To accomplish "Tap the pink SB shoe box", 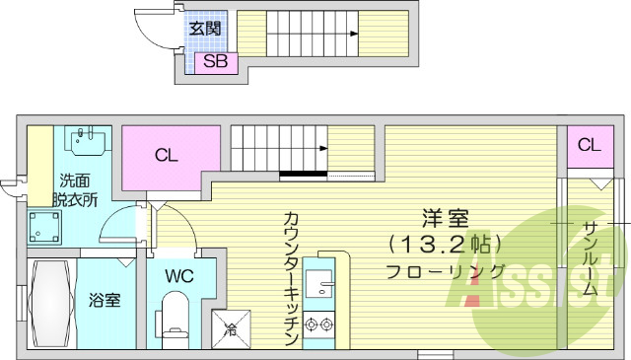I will (x=215, y=63).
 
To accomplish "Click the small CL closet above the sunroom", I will (x=588, y=146).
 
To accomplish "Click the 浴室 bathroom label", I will (x=105, y=299).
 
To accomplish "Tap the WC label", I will (x=179, y=275).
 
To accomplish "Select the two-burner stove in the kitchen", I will (x=320, y=322).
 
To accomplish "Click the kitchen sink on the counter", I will (x=320, y=286).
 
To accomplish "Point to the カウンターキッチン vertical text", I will (x=291, y=277).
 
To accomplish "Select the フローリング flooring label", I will (x=446, y=272).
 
